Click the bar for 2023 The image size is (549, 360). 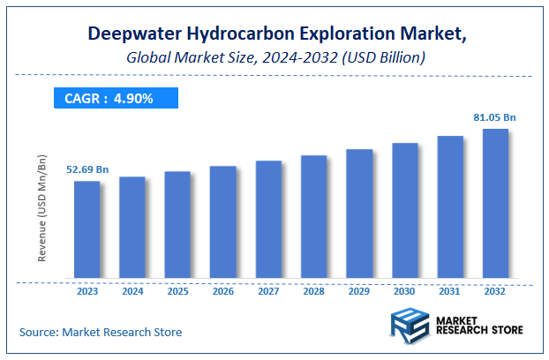86,231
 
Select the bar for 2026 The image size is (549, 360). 223,224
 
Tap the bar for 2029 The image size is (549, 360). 359,215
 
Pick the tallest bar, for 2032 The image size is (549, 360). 496,206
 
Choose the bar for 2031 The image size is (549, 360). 450,209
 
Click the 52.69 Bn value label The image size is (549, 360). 86,169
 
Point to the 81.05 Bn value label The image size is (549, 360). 495,116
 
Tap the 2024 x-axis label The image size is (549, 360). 132,290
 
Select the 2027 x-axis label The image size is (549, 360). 268,290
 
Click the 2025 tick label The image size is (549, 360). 177,290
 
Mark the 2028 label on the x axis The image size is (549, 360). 314,290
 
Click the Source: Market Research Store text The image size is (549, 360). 101,332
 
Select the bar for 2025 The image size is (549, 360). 177,227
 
